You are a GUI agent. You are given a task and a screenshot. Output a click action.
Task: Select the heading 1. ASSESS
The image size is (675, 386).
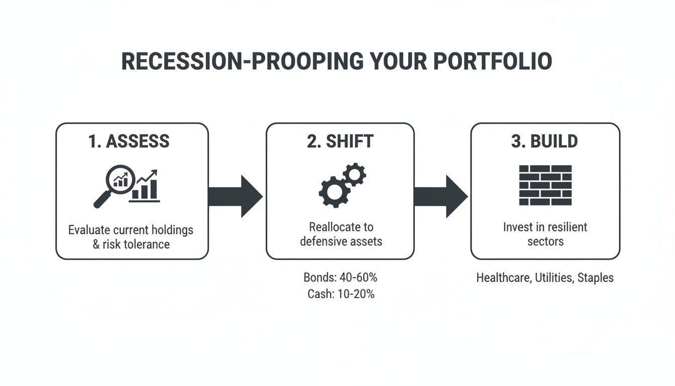[x=129, y=141]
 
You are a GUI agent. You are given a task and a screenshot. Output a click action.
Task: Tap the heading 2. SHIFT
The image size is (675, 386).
[x=340, y=141]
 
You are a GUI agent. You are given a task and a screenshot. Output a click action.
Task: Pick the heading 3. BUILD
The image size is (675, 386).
[x=544, y=141]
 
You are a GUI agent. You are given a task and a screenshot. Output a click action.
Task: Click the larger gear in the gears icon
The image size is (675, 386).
[x=333, y=191]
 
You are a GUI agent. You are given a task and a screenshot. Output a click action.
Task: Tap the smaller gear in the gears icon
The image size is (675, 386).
[x=355, y=174]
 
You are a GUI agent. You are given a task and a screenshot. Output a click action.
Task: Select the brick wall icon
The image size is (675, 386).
[x=545, y=185]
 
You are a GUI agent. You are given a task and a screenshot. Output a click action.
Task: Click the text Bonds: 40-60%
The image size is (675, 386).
[x=340, y=277]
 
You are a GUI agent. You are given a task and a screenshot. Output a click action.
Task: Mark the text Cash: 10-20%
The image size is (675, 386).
[x=341, y=294]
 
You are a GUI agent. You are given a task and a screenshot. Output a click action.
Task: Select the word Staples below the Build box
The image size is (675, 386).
[x=595, y=277]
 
